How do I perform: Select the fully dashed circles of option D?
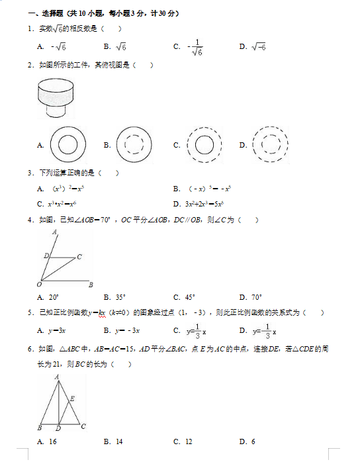(x=270, y=144)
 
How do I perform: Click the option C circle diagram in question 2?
(x=204, y=144)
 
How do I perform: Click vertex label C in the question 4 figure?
(x=79, y=256)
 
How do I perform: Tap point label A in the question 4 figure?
(x=54, y=232)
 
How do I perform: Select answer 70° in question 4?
(x=252, y=297)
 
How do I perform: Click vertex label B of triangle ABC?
(x=40, y=428)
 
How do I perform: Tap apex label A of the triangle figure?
(x=57, y=377)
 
